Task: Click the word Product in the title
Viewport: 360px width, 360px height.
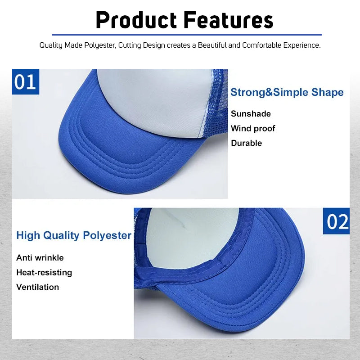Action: [136, 20]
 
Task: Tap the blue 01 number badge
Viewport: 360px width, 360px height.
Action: [26, 82]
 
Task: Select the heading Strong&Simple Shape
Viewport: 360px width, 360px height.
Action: [287, 92]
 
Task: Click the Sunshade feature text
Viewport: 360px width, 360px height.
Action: [251, 114]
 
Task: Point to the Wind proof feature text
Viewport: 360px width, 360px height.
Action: [253, 128]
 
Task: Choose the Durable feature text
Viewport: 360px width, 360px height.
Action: [246, 143]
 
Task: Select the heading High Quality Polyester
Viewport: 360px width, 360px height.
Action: [74, 235]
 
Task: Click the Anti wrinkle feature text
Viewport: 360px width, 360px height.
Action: [40, 258]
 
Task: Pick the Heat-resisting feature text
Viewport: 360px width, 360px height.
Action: [44, 272]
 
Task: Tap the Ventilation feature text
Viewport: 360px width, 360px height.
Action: [38, 287]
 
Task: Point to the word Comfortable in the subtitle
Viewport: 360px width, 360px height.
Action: [263, 45]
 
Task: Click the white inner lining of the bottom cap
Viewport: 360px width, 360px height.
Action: [189, 234]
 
